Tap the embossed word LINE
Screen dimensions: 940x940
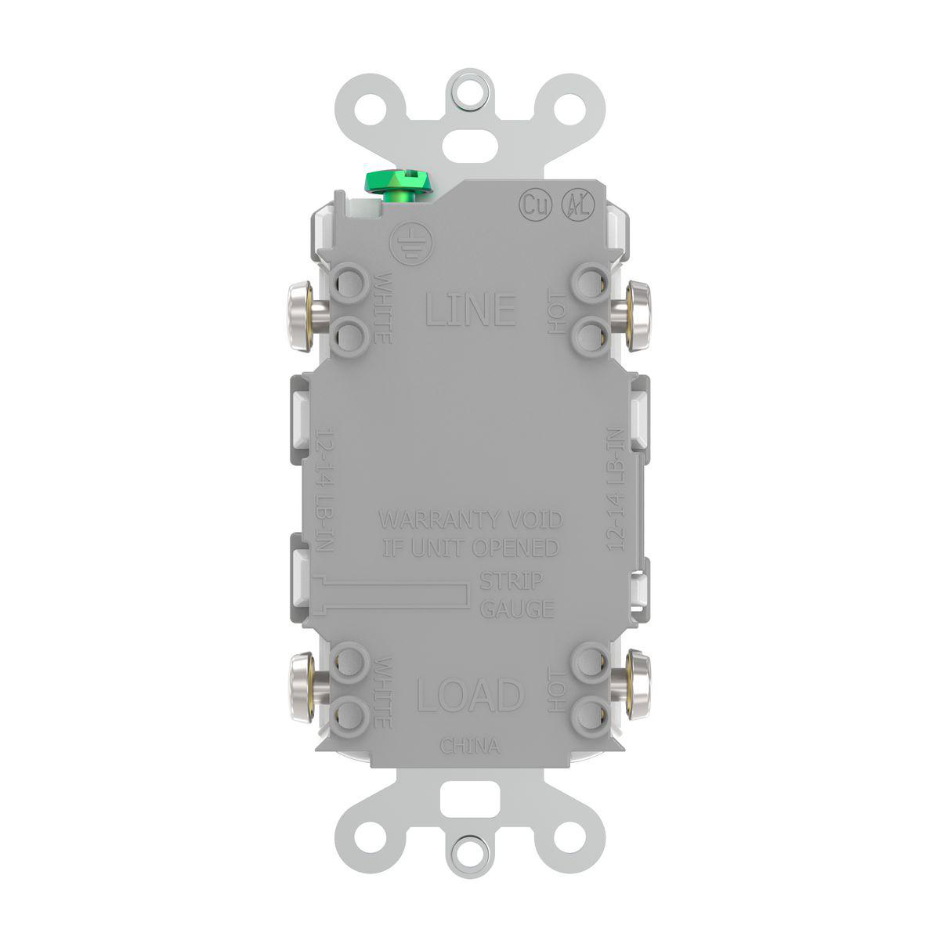tap(470, 309)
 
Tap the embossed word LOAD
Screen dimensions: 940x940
tap(469, 695)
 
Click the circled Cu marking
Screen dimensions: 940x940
tap(535, 205)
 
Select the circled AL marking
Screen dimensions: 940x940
tap(579, 205)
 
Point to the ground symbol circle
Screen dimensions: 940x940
tap(407, 241)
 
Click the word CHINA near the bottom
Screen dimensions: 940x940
tap(469, 746)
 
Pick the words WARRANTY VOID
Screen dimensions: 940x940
tap(470, 520)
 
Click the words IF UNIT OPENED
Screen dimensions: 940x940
tap(469, 548)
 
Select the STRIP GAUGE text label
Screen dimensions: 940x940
tap(516, 595)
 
